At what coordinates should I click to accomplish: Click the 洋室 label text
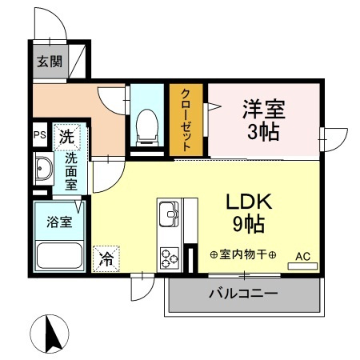(x=263, y=107)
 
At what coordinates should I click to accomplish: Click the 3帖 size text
(x=264, y=132)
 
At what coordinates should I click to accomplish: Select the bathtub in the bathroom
(x=60, y=257)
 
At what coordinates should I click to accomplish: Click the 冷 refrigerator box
(x=106, y=258)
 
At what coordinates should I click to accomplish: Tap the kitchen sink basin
(x=170, y=214)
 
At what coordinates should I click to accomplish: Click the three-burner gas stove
(x=170, y=256)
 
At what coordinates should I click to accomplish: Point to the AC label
(x=302, y=256)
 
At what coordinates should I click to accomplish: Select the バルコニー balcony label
(x=243, y=294)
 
